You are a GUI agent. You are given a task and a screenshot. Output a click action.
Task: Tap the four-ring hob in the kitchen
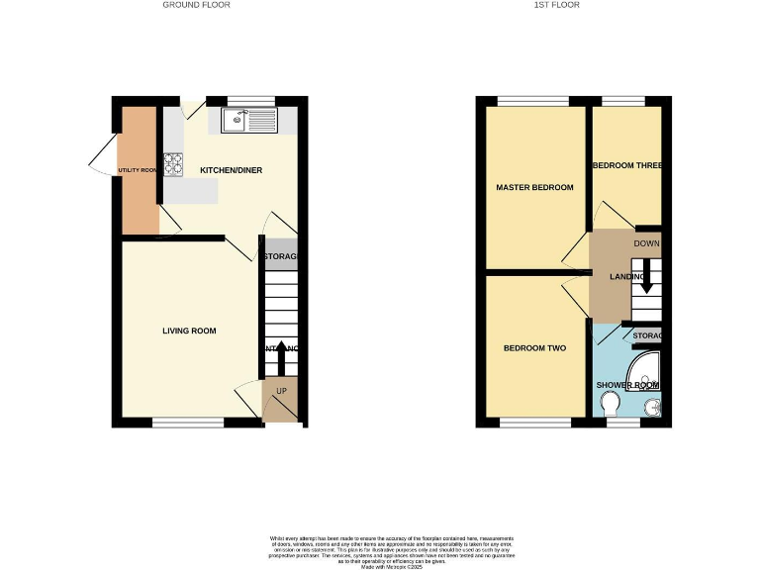click(x=173, y=163)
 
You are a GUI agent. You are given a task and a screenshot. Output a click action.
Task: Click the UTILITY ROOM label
click(x=139, y=170)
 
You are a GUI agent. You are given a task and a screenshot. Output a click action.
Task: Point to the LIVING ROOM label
click(x=189, y=331)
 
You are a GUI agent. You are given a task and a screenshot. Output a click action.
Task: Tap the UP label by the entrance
click(x=280, y=391)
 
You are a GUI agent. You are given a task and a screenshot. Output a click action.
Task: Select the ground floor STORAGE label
click(x=281, y=257)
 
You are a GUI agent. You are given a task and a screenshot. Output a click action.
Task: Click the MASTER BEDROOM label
click(x=534, y=187)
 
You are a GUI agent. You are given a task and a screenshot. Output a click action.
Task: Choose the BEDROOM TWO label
click(x=534, y=347)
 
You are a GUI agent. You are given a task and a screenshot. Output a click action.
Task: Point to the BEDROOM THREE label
click(x=626, y=165)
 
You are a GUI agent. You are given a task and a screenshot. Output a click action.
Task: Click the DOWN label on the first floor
click(x=646, y=242)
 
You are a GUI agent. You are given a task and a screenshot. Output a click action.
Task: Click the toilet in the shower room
click(x=611, y=404)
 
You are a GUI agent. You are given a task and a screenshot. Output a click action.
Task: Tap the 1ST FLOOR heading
click(x=557, y=5)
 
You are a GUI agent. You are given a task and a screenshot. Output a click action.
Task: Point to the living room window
click(x=187, y=423)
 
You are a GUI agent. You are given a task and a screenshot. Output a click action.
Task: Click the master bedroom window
click(x=524, y=101)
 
